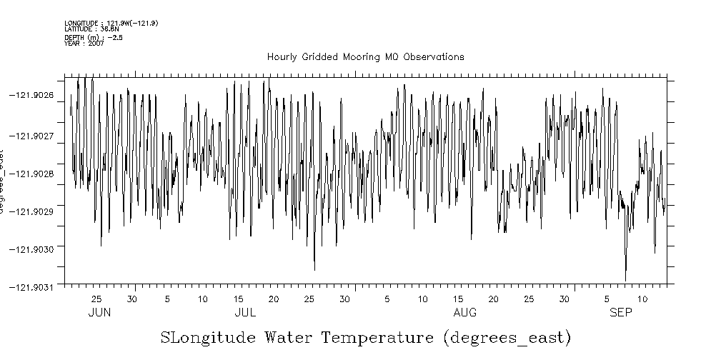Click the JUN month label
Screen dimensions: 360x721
point(99,313)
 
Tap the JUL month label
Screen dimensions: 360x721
point(245,313)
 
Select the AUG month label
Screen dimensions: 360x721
point(465,313)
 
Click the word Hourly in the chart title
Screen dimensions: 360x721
point(281,57)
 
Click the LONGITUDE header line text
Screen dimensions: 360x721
point(111,24)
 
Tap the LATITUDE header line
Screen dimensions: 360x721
point(91,29)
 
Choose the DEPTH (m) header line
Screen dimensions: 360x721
point(94,38)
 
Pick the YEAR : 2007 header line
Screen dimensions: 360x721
point(84,44)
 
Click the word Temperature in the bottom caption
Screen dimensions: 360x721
point(377,337)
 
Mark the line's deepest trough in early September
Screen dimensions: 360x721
point(625,281)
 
